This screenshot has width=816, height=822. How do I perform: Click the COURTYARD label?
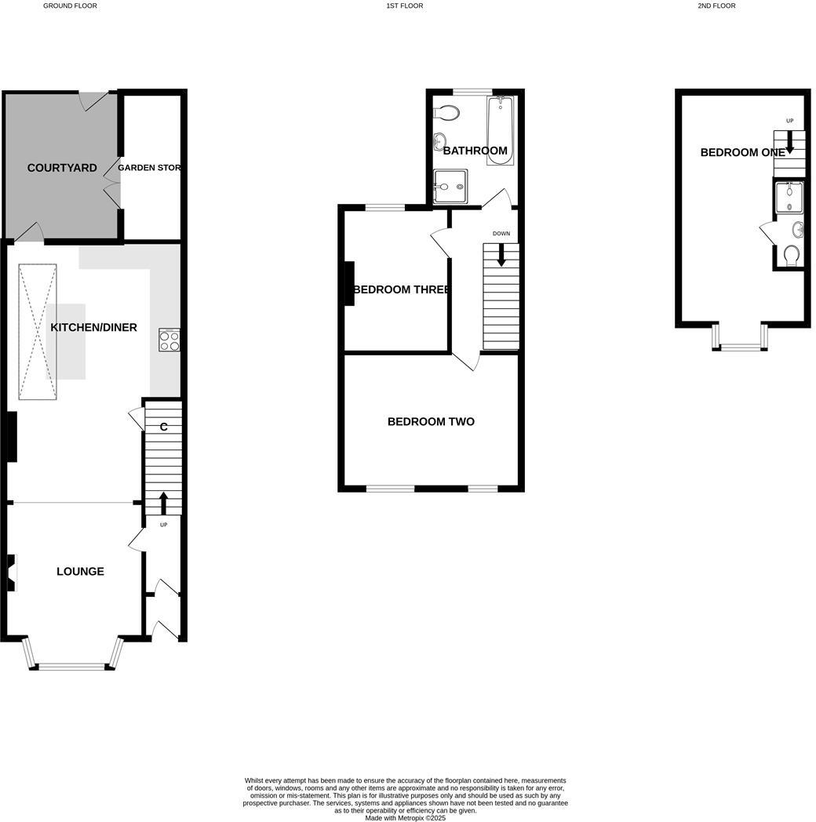click(x=62, y=168)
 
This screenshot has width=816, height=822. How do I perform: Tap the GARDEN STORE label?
click(x=150, y=168)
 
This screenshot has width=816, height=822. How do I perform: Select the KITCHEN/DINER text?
click(x=93, y=327)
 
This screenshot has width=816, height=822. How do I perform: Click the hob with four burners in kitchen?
click(x=169, y=340)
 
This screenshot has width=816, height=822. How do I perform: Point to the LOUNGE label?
click(x=80, y=571)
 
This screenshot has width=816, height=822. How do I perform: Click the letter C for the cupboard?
click(x=163, y=427)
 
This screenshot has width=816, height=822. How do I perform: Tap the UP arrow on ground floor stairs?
click(x=163, y=502)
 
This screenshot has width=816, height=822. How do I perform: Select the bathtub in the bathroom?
click(x=500, y=131)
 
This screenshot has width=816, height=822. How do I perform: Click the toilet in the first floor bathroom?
click(x=447, y=113)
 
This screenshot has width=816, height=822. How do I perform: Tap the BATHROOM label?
click(x=475, y=151)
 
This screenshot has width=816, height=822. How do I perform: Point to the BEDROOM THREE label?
click(x=402, y=289)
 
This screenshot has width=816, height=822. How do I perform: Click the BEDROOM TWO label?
click(x=431, y=422)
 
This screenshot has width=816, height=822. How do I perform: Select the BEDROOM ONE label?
click(x=742, y=152)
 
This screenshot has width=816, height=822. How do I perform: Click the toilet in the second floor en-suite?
click(x=792, y=255)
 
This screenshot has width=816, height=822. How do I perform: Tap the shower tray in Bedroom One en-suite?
click(x=789, y=198)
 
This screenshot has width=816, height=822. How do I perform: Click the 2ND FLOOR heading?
click(x=716, y=5)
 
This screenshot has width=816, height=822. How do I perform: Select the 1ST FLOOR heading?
click(x=404, y=5)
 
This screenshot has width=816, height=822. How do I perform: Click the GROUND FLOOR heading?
click(x=70, y=5)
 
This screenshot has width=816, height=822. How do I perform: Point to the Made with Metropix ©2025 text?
click(x=405, y=818)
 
